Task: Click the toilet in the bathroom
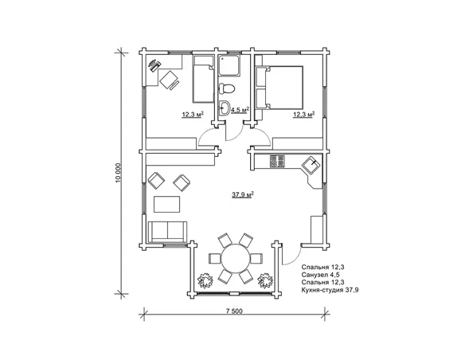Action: point(227,88)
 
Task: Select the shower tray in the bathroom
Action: point(229,65)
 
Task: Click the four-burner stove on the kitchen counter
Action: point(277,162)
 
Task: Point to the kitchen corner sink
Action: point(311,164)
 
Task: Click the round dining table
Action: point(236,258)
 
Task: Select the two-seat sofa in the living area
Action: point(167,231)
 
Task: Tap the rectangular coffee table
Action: point(166,204)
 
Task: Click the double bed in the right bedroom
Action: point(279,88)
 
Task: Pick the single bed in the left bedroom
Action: point(204,79)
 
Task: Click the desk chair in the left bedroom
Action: point(170,80)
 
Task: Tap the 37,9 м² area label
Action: point(242,195)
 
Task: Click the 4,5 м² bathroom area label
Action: point(240,110)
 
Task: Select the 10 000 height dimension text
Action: point(119,172)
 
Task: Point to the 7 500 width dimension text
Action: point(234,311)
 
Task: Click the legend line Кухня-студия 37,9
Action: point(330,290)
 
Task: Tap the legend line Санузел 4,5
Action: point(320,274)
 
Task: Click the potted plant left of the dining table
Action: point(205,280)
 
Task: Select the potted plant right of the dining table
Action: point(265,280)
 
